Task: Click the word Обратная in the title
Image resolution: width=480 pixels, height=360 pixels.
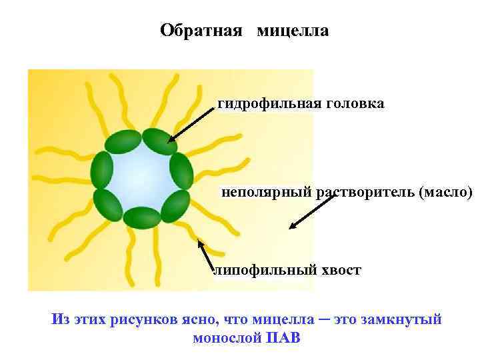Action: [201, 31]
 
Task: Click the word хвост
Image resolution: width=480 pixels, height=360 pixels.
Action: [340, 270]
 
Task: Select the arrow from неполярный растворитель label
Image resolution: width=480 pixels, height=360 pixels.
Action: [312, 211]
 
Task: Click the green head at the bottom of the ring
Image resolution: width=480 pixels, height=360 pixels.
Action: [142, 217]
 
